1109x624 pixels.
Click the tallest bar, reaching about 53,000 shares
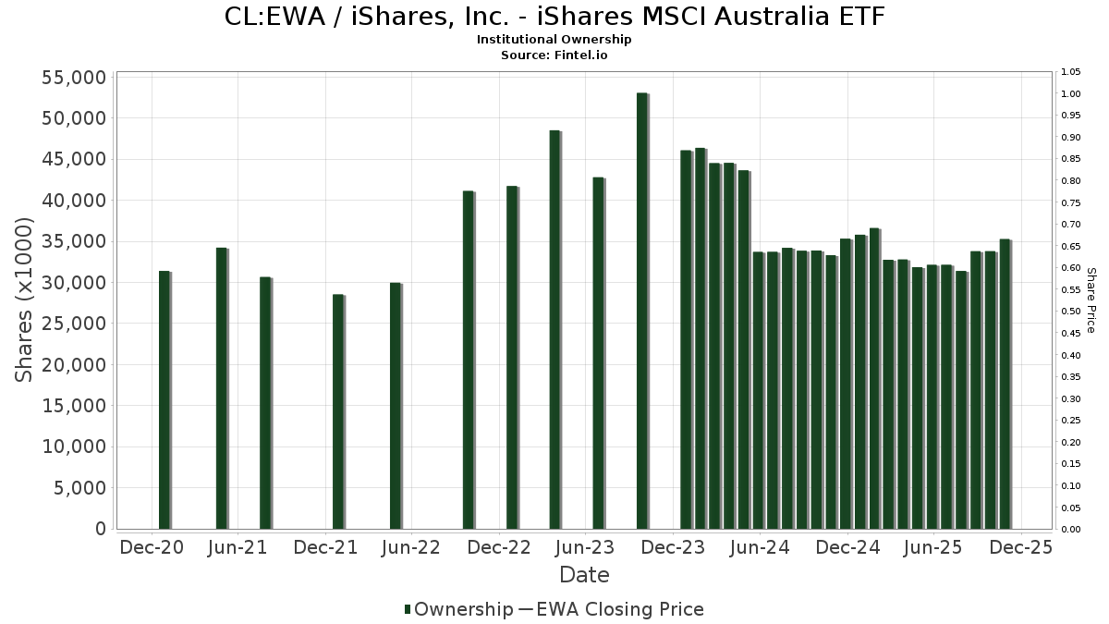(x=641, y=311)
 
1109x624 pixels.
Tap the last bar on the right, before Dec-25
(x=1005, y=384)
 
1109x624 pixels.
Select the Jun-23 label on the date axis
(x=584, y=547)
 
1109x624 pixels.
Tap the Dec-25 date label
(x=1020, y=547)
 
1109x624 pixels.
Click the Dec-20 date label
(x=152, y=547)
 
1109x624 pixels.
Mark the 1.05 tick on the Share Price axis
(x=1071, y=72)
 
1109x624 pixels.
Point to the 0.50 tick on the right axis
(x=1071, y=312)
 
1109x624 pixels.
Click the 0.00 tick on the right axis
(x=1071, y=530)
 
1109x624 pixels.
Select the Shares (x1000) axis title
(x=25, y=300)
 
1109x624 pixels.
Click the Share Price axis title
(x=1091, y=300)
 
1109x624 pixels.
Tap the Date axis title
(x=584, y=575)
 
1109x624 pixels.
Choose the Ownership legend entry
(x=458, y=609)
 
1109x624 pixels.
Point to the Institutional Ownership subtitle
(x=554, y=40)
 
